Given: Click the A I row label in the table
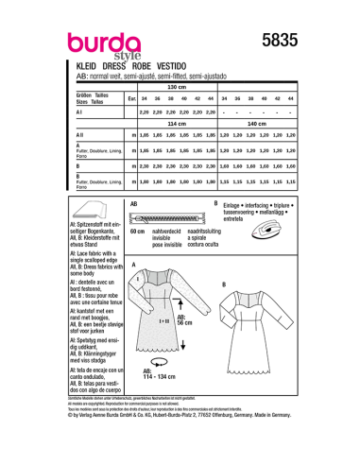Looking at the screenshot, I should [x=78, y=112].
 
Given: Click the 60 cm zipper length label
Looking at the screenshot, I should [x=136, y=232].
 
